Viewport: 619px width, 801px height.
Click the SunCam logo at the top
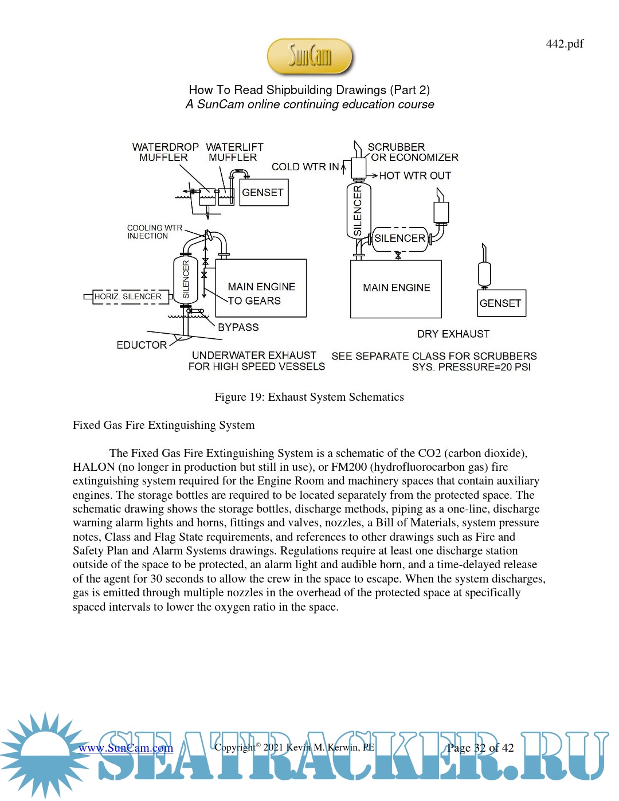click(309, 56)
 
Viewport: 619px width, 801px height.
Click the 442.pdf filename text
click(564, 44)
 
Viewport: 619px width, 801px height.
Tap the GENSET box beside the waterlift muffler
click(263, 193)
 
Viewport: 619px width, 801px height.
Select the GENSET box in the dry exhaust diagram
click(501, 303)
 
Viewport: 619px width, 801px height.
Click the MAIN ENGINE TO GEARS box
click(261, 288)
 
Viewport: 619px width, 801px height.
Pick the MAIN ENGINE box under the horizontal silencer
click(395, 288)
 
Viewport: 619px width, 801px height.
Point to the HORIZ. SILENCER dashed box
click(128, 296)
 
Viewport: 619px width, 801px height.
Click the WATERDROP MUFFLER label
click(165, 152)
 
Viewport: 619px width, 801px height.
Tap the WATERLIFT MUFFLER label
click(234, 152)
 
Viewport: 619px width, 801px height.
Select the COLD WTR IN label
click(305, 167)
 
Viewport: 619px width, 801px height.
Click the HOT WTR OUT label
click(414, 175)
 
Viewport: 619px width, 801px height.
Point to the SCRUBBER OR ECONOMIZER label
click(413, 152)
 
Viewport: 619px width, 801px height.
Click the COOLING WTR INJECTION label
click(154, 232)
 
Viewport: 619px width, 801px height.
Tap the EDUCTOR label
click(142, 345)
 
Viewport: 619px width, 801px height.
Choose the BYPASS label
click(238, 327)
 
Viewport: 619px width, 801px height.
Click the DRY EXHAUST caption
click(453, 334)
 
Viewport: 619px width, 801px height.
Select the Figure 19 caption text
click(309, 397)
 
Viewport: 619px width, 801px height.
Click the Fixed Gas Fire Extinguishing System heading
click(163, 425)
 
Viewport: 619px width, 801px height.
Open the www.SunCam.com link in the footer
click(126, 748)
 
